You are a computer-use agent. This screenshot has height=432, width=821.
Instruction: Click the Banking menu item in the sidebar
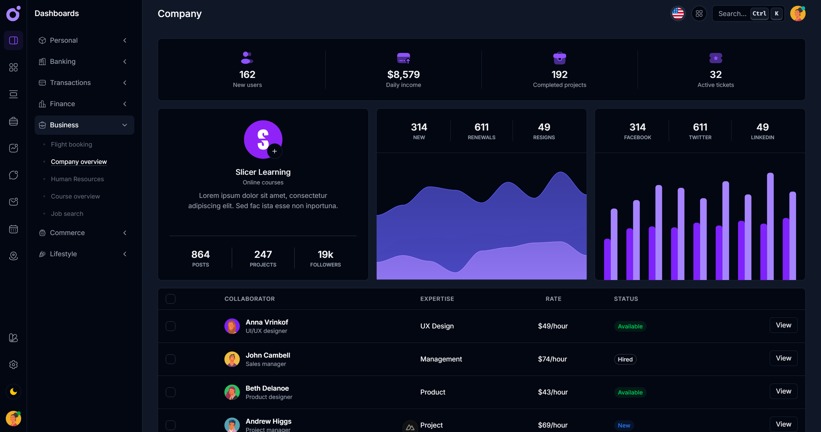pos(63,62)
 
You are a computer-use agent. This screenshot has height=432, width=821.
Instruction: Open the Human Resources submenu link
pos(77,179)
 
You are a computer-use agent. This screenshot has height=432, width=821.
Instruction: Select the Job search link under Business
pos(67,214)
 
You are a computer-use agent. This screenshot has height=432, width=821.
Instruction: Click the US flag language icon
pos(678,13)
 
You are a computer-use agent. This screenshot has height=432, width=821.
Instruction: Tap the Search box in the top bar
pos(732,13)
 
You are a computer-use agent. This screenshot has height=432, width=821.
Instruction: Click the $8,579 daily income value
pos(403,74)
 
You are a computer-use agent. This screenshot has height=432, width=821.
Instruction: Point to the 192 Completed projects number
pos(559,74)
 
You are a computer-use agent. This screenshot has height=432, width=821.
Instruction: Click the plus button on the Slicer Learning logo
pos(274,151)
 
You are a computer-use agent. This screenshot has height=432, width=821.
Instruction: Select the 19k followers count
pos(325,255)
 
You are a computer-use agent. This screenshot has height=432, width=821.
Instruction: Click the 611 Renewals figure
pos(482,127)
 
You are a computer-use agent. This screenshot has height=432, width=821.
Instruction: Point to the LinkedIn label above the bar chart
pos(762,137)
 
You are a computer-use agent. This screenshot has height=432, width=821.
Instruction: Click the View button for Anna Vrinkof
pos(783,325)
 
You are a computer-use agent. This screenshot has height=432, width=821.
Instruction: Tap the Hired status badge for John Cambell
pos(625,359)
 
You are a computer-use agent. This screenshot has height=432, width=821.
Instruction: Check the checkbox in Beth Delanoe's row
pos(171,392)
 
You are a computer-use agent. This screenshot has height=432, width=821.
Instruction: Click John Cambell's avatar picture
pos(232,359)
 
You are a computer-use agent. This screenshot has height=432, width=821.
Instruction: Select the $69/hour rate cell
pos(553,425)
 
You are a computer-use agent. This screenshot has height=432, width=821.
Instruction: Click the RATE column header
pos(553,299)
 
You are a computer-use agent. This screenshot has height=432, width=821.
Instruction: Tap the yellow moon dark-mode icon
pos(13,392)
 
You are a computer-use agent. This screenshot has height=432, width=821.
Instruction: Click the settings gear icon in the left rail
pos(13,365)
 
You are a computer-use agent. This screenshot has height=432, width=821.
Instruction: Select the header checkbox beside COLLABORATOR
pos(171,299)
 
